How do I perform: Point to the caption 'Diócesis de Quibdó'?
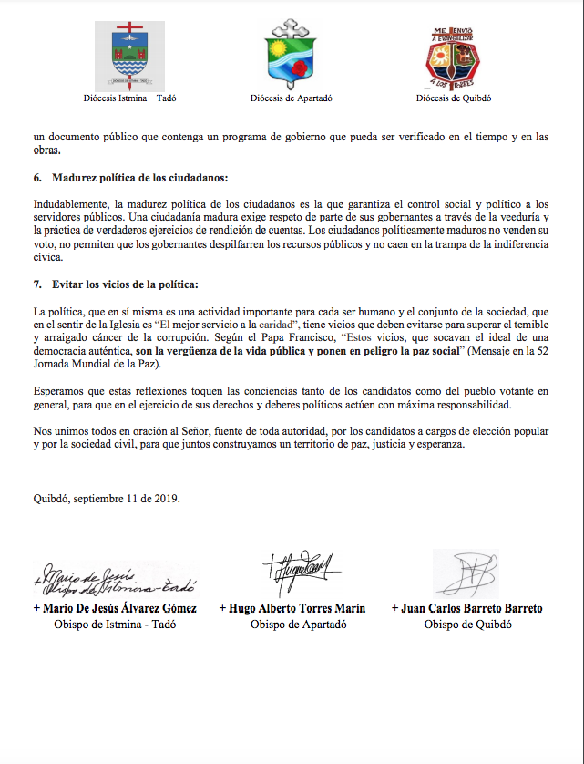coord(454,98)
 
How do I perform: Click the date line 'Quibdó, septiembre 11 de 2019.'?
coord(106,498)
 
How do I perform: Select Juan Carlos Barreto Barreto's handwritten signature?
coord(464,573)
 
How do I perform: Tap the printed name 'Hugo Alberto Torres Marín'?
coord(292,608)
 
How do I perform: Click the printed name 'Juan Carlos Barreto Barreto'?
coord(466,608)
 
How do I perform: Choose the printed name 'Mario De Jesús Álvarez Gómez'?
coord(115,608)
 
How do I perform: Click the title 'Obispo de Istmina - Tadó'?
coord(115,625)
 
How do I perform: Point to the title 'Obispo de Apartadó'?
coord(292,625)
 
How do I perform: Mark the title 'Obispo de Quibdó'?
coord(467,625)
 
